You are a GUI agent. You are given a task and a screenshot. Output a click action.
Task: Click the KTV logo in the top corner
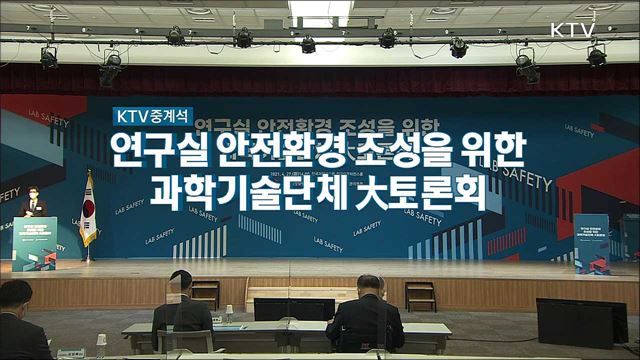tap(573, 29)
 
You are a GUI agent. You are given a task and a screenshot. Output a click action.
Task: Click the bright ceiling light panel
tap(320, 9)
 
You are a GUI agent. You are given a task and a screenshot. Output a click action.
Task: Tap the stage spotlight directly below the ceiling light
tap(308, 44)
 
